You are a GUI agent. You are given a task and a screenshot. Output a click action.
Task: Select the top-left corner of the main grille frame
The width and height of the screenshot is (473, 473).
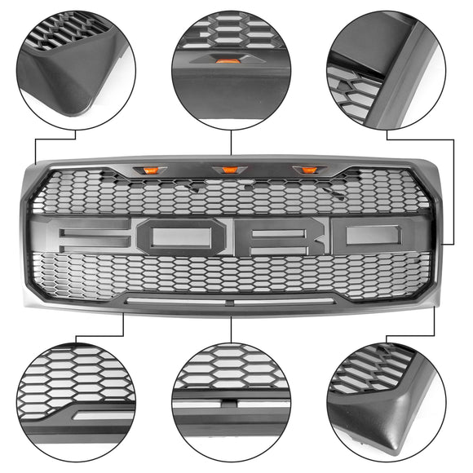click(x=33, y=160)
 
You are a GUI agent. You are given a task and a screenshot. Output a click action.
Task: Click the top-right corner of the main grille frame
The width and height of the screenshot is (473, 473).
click(x=440, y=158)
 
